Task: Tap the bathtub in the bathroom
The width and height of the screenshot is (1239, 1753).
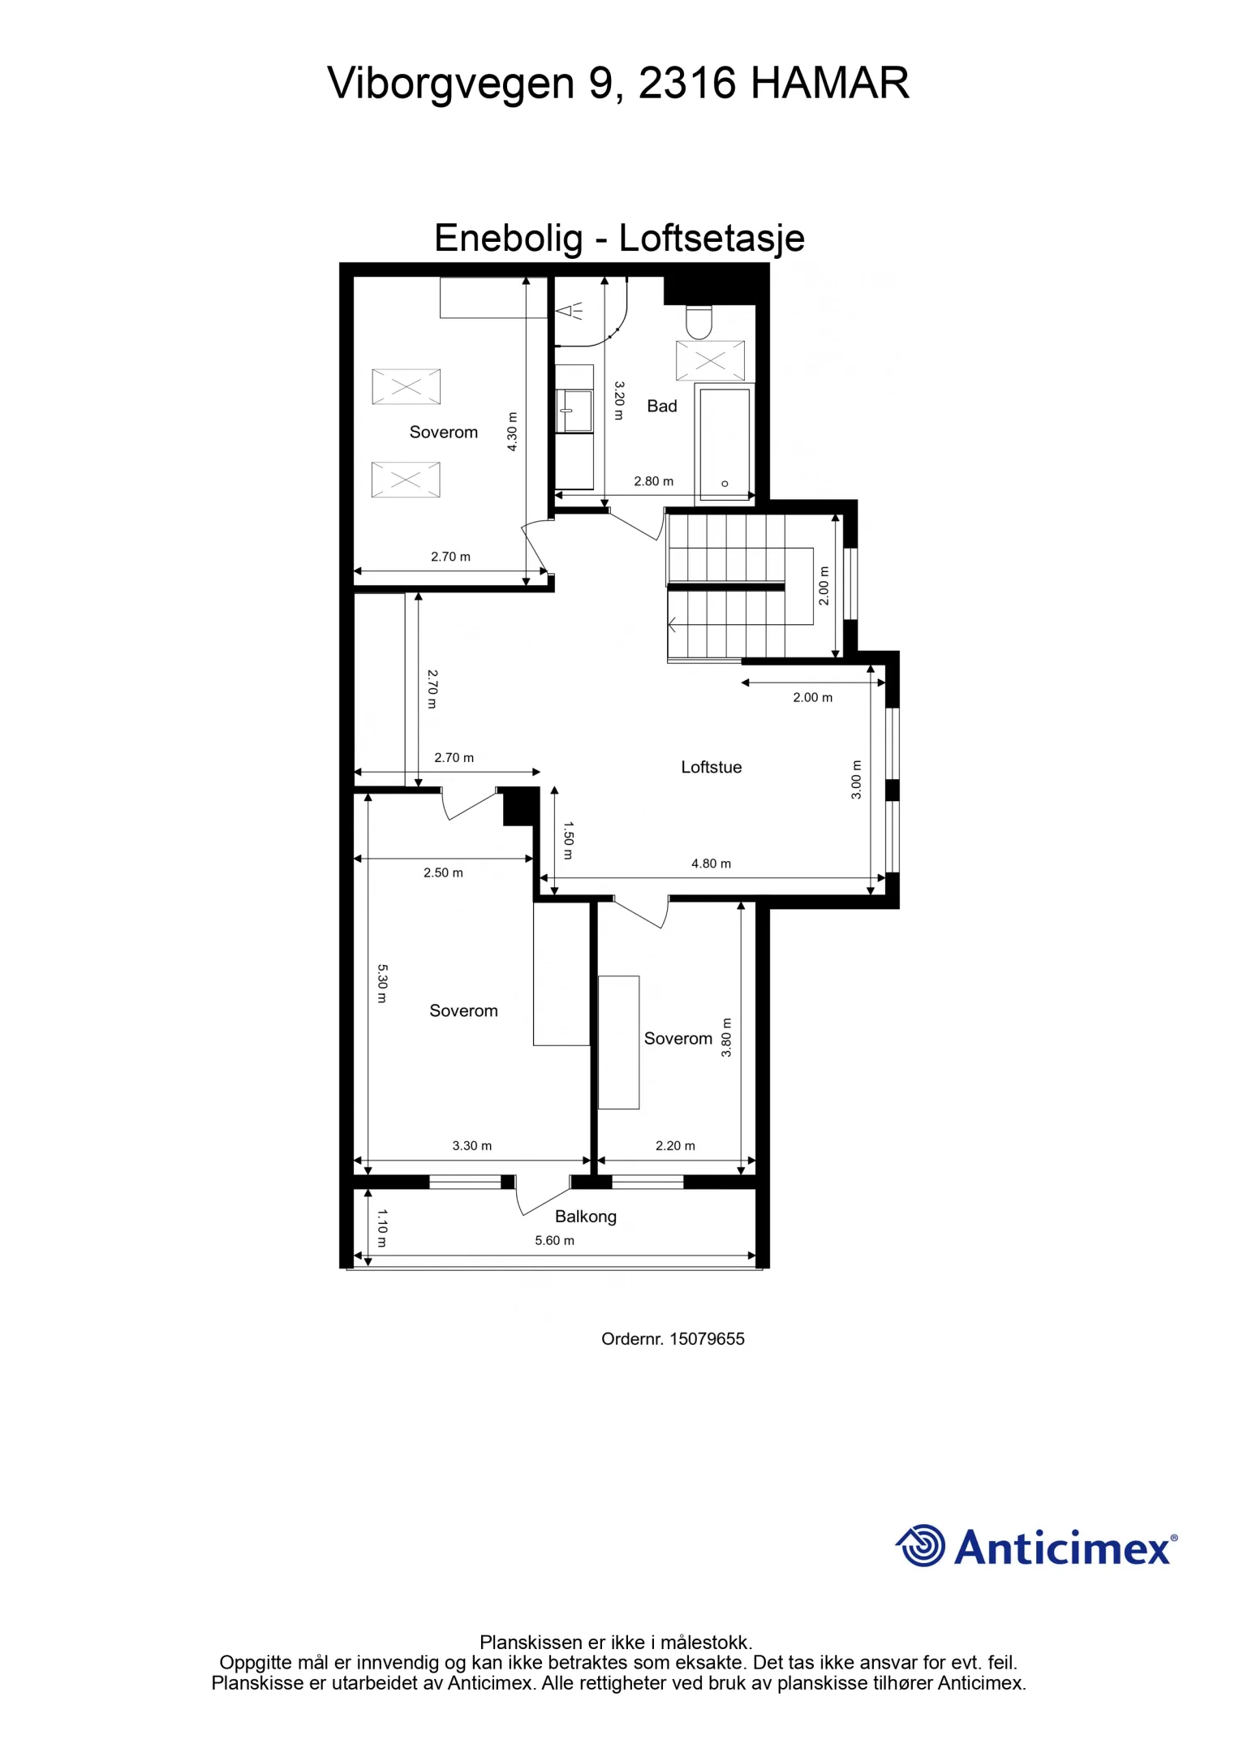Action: (725, 444)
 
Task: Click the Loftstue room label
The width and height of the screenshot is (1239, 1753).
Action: (711, 767)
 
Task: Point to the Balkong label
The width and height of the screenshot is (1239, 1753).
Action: (585, 1217)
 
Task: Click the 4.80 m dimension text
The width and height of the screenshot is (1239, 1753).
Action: (711, 864)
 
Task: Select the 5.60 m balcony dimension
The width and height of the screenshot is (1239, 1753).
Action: (554, 1240)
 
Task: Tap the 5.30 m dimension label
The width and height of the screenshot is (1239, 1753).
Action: (383, 983)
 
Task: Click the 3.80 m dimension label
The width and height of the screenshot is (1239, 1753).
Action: (726, 1037)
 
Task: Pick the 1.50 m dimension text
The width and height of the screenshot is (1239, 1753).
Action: (568, 840)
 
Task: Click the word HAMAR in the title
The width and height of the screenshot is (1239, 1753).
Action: (829, 83)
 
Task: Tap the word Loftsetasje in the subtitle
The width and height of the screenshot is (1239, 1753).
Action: (711, 238)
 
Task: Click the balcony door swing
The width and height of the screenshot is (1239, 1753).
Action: (542, 1197)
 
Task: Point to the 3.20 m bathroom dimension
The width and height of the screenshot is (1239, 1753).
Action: (619, 400)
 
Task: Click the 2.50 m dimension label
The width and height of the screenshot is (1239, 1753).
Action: (443, 872)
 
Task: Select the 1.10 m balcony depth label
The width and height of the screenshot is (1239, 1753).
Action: (382, 1227)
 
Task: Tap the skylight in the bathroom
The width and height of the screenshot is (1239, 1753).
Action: (710, 361)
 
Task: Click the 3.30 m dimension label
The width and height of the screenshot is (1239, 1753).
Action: (471, 1146)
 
